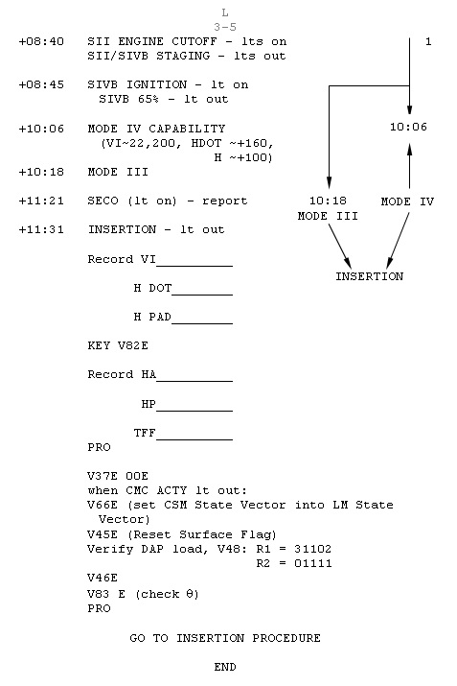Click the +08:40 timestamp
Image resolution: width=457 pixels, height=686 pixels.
point(41,41)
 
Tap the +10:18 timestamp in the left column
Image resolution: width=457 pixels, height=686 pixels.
point(41,172)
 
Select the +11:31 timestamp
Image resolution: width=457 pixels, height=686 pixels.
point(41,229)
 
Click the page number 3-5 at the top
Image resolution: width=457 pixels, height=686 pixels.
point(225,27)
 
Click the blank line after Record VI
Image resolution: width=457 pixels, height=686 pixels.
point(194,265)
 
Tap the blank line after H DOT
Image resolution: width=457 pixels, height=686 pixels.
point(202,295)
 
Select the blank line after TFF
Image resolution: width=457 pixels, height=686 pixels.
point(194,438)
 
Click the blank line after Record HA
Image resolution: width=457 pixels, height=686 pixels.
point(194,381)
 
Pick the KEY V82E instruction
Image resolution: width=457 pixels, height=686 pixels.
point(118,345)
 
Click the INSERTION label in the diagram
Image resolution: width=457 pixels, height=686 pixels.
point(369,276)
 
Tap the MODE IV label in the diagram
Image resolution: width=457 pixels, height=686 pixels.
point(407,201)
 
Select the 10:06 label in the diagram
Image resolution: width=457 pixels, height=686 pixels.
point(408,127)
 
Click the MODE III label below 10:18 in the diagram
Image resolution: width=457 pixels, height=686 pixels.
point(328,216)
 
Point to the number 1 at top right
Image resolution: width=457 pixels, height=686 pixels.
point(428,41)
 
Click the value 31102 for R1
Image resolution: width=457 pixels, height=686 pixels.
point(313,549)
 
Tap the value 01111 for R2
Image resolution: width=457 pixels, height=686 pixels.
point(313,563)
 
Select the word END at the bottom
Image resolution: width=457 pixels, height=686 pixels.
point(225,667)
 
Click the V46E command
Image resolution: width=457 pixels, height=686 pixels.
point(103,578)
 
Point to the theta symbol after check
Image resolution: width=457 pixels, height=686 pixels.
point(190,594)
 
